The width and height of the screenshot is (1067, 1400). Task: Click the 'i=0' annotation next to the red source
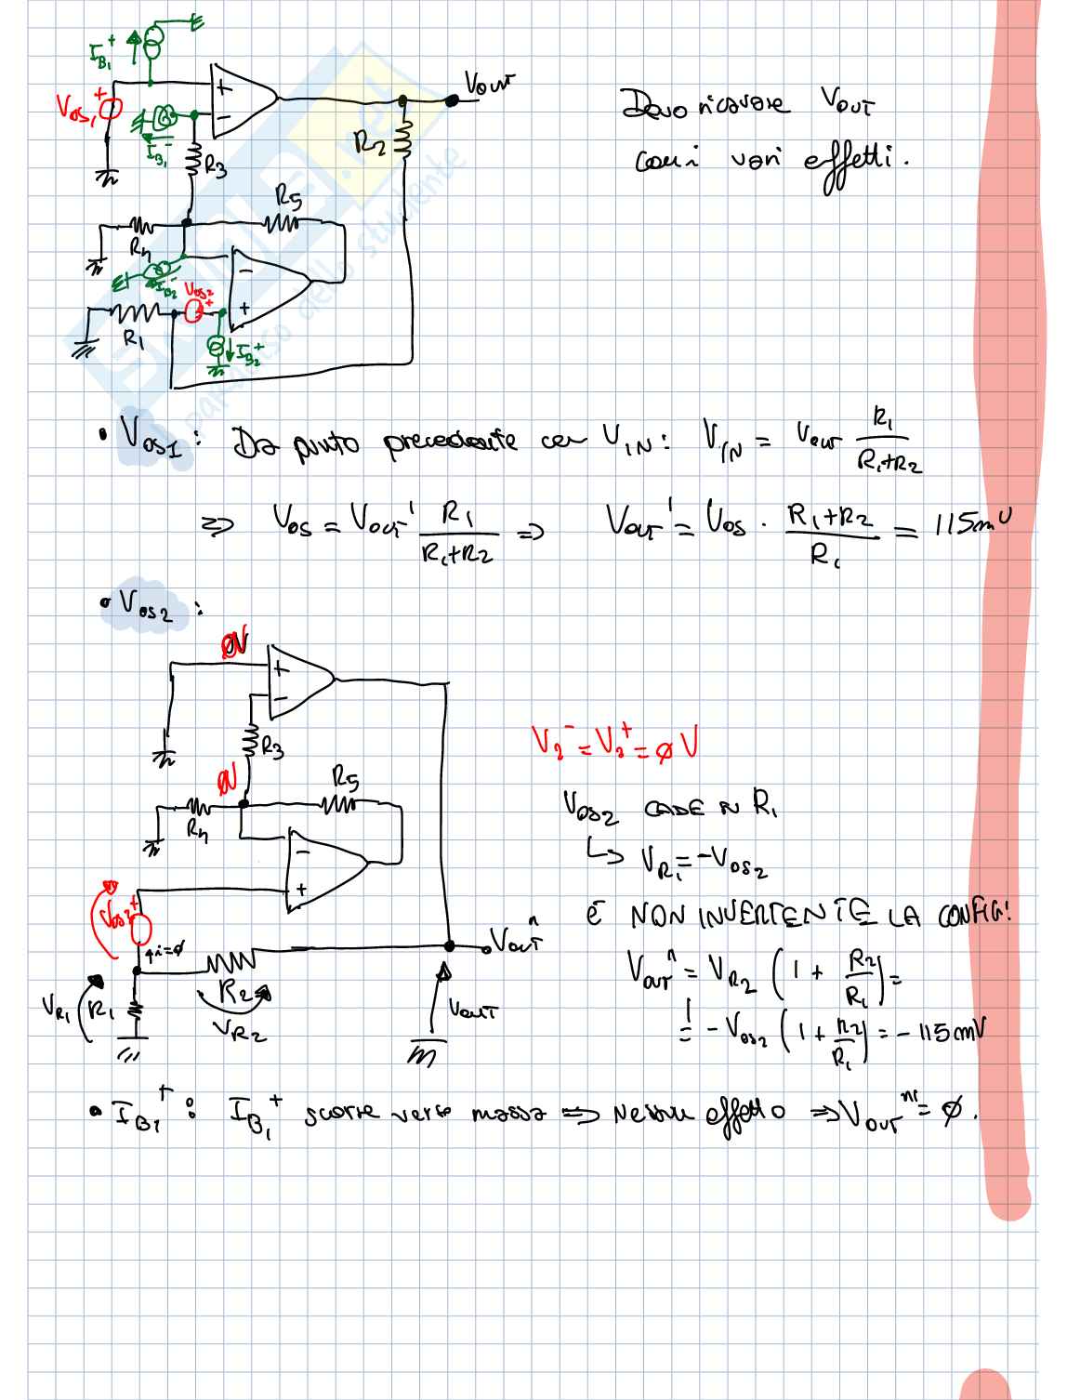click(x=167, y=951)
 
